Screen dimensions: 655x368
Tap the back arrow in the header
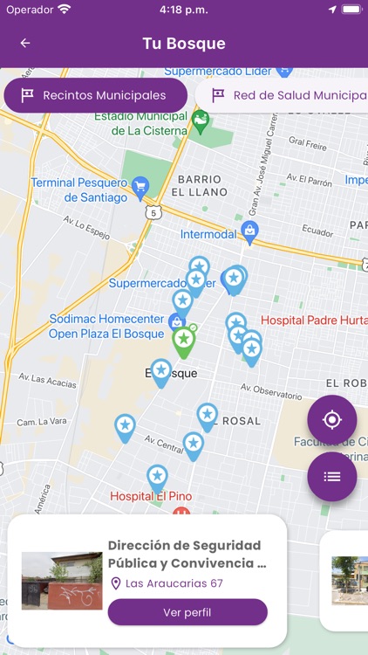coord(25,43)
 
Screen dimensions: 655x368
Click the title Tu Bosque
coord(184,43)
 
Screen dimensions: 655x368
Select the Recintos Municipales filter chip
coord(95,95)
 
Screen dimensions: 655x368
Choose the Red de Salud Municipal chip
coord(288,95)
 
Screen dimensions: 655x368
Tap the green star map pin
coord(183,341)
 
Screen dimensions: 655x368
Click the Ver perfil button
coord(187,612)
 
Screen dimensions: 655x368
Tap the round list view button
coord(331,476)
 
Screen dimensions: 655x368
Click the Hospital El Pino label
coord(151,496)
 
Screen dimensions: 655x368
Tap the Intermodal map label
coord(208,234)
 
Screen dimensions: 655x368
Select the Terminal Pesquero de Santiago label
coord(78,190)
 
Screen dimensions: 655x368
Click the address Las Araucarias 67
coord(174,583)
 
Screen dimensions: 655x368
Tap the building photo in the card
coord(62,580)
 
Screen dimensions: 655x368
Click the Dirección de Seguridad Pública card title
coord(187,554)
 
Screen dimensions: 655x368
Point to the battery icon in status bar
coord(351,9)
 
